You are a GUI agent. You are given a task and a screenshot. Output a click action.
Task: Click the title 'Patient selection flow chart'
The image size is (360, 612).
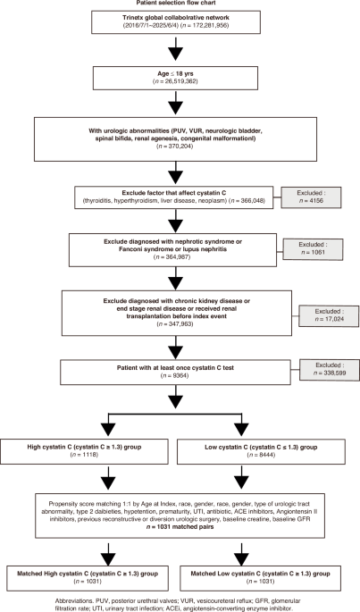click(179, 4)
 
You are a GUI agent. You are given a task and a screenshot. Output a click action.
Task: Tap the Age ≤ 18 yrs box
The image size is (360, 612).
click(179, 82)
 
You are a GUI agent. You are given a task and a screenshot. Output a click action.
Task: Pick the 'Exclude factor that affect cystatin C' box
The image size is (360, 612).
click(179, 197)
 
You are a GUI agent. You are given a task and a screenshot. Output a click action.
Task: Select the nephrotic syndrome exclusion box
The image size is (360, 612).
click(179, 249)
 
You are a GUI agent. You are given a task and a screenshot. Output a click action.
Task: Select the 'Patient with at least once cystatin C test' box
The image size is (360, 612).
click(179, 370)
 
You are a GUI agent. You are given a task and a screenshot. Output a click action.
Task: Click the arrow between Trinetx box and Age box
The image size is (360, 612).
click(179, 55)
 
